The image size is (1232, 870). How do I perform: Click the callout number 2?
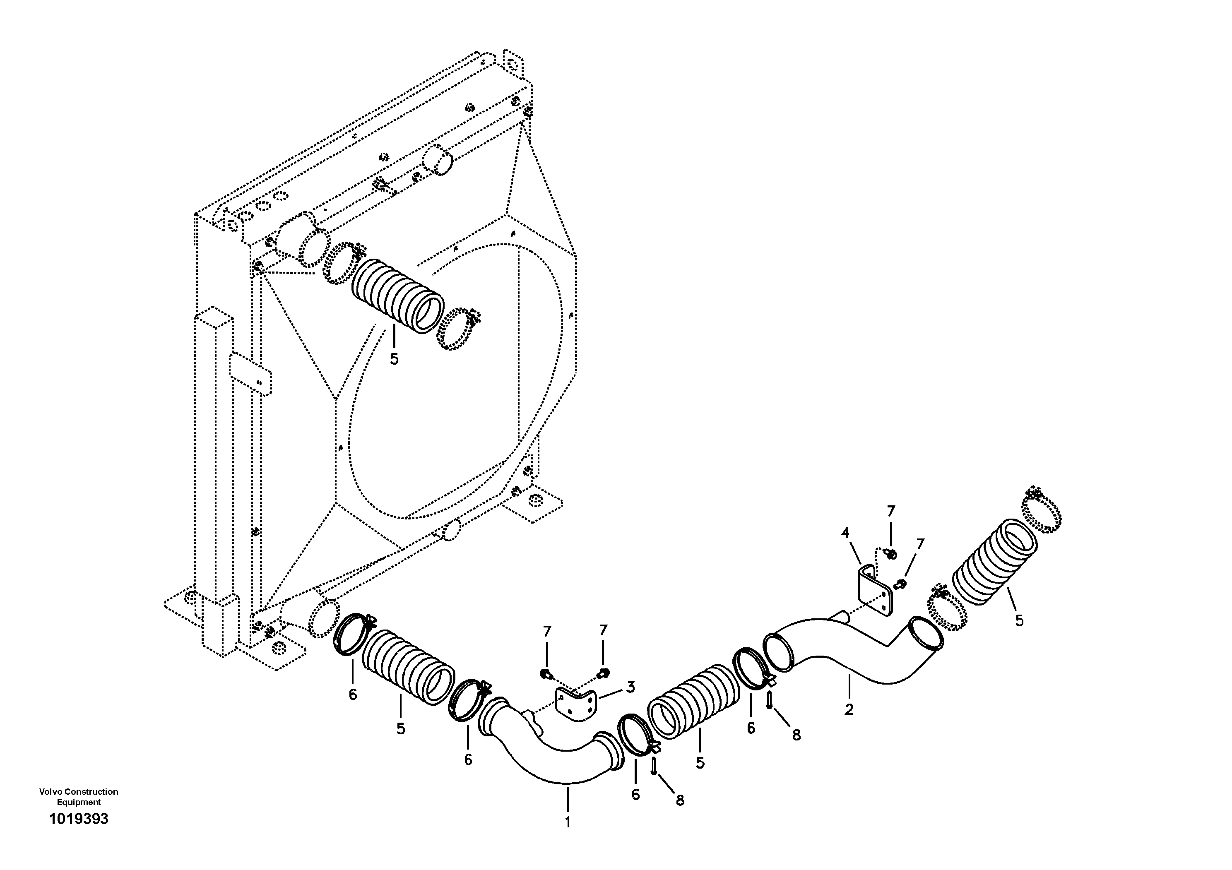(x=848, y=710)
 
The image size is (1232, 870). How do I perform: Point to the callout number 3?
(x=630, y=687)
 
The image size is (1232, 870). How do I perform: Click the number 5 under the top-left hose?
(x=395, y=359)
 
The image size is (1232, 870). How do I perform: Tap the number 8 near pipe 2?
(x=796, y=735)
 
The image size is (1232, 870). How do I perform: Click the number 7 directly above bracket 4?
(x=891, y=511)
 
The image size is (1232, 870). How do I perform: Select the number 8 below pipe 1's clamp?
(x=680, y=800)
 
